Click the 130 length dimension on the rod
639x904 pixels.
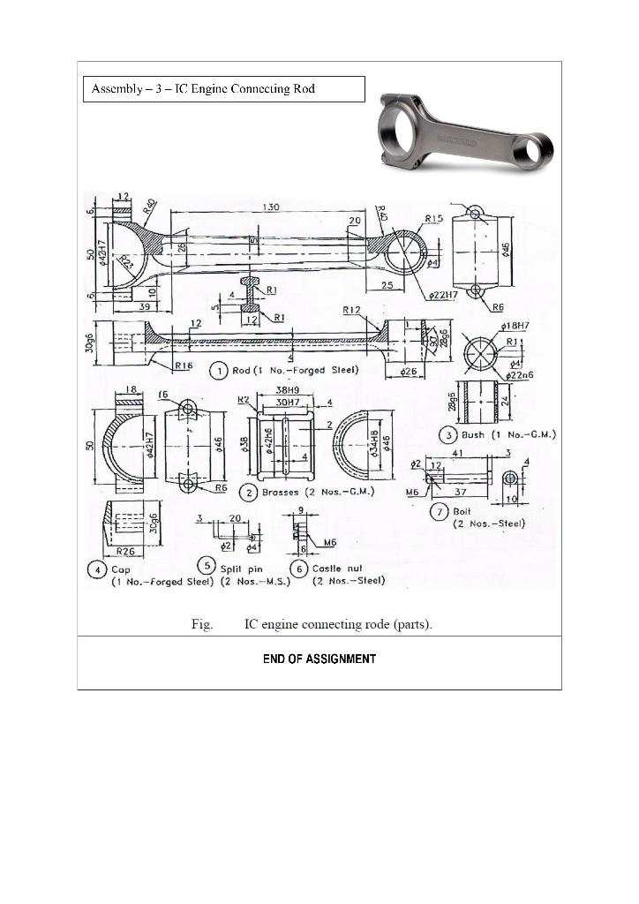point(271,207)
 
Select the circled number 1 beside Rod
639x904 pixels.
point(219,371)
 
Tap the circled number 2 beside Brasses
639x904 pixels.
point(251,491)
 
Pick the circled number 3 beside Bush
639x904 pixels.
point(448,434)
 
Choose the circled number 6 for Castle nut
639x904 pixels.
point(299,569)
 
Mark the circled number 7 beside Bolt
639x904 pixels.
point(439,511)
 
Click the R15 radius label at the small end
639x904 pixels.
point(433,217)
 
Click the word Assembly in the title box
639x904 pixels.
point(117,89)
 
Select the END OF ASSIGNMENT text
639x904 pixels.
point(319,659)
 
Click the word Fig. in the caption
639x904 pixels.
point(202,625)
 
